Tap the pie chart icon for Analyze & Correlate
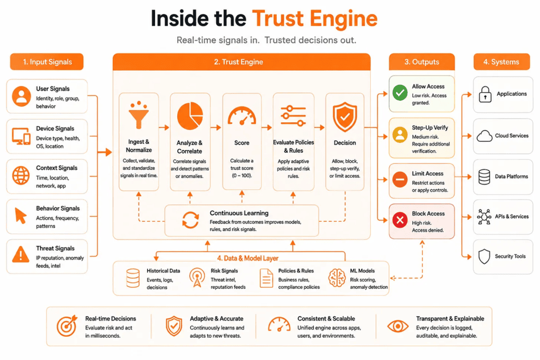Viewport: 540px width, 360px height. pyautogui.click(x=190, y=116)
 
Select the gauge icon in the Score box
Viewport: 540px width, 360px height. pyautogui.click(x=242, y=116)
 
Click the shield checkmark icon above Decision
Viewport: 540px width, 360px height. pyautogui.click(x=345, y=117)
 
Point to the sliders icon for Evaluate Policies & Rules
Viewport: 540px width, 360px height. pyautogui.click(x=293, y=115)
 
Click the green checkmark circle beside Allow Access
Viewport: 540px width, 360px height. pyautogui.click(x=400, y=93)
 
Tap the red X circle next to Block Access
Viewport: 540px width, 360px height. pyautogui.click(x=400, y=220)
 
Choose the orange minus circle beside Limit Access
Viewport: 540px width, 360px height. pyautogui.click(x=400, y=179)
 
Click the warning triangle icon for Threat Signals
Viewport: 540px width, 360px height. pyautogui.click(x=21, y=255)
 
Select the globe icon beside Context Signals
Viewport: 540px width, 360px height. pyautogui.click(x=21, y=176)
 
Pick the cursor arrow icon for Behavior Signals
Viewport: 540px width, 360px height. pyautogui.click(x=21, y=216)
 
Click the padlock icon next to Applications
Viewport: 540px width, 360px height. pyautogui.click(x=485, y=94)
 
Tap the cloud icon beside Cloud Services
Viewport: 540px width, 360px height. pyautogui.click(x=484, y=137)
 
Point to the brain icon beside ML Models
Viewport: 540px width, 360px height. pyautogui.click(x=337, y=278)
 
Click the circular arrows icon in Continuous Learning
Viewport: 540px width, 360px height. pyautogui.click(x=190, y=220)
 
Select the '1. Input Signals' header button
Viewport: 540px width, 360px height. pyautogui.click(x=47, y=62)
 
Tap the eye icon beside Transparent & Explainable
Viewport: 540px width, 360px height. pyautogui.click(x=398, y=326)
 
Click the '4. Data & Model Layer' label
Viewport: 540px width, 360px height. pyautogui.click(x=248, y=258)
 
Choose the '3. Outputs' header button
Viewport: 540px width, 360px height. pyautogui.click(x=422, y=62)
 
